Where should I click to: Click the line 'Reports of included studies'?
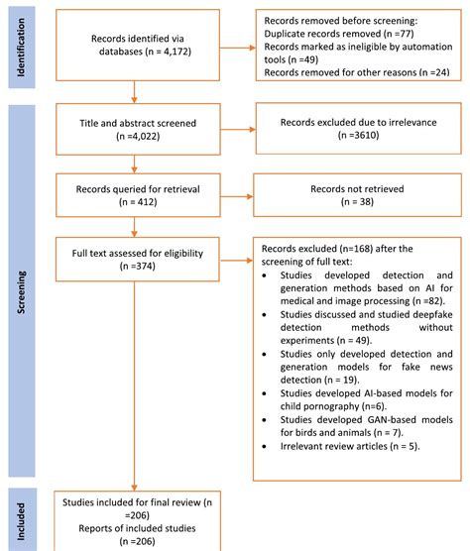(x=137, y=528)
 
